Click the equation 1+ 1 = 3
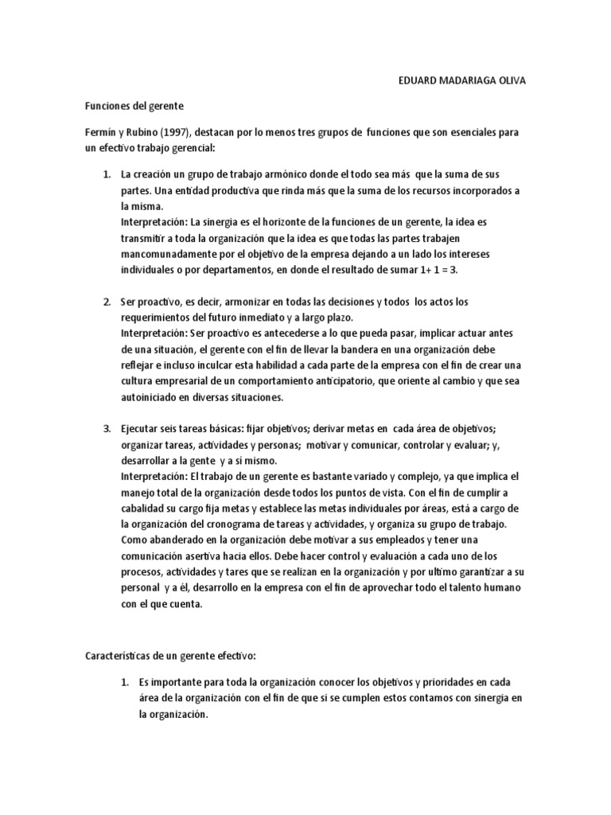[x=439, y=270]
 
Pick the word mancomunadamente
[x=169, y=254]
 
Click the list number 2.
[x=107, y=302]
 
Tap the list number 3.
[x=107, y=429]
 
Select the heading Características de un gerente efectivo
[x=170, y=657]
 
